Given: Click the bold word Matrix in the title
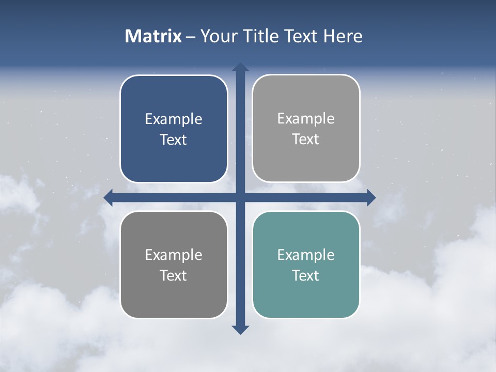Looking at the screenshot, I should tap(153, 36).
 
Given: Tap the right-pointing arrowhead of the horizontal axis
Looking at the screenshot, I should tap(370, 197).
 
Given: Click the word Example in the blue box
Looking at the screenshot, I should tap(174, 119).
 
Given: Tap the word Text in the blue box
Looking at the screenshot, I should tap(174, 140).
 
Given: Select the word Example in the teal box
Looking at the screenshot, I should tap(306, 255).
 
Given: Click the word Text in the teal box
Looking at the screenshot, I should tap(306, 275).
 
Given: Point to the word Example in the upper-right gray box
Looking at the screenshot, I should tap(306, 119).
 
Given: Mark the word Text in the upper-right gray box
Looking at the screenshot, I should tap(306, 139).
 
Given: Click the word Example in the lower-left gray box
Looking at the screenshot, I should tap(174, 255).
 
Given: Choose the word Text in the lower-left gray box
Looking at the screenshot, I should tap(174, 275).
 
